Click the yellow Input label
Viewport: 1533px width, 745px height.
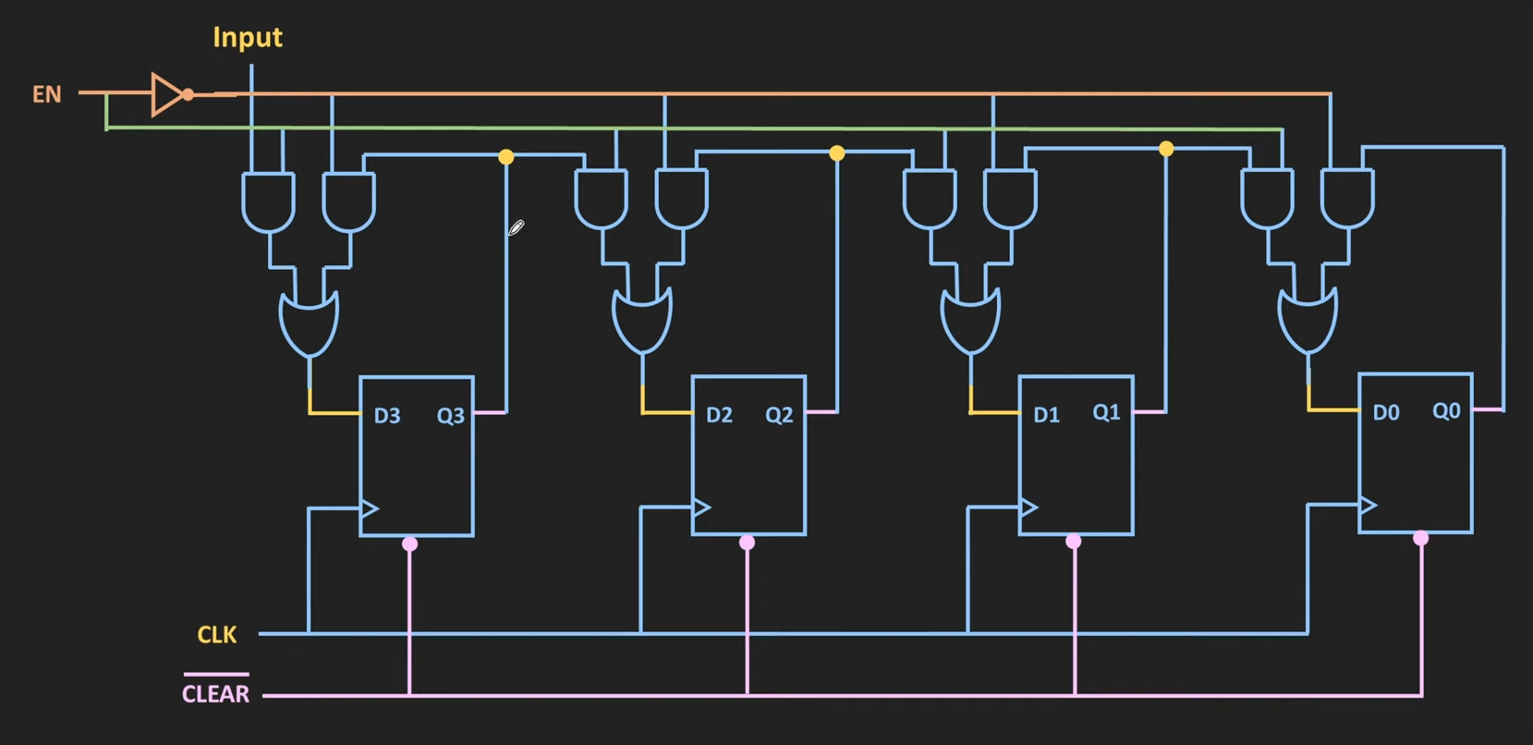[247, 38]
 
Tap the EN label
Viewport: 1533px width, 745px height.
[47, 94]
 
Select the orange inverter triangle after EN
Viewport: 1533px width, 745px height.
[167, 94]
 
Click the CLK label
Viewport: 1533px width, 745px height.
[217, 635]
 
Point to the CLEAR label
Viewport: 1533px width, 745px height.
[215, 694]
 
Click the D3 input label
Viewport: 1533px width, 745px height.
[387, 416]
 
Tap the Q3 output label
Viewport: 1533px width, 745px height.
[451, 416]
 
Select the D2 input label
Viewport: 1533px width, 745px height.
[719, 415]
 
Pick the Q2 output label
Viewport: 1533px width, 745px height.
[779, 415]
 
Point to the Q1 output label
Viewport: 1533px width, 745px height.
[1106, 412]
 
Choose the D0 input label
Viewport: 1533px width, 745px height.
[1385, 413]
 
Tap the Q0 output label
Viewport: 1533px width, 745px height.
[1446, 410]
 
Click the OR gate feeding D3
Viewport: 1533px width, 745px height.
[310, 324]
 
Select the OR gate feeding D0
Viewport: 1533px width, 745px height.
[1308, 321]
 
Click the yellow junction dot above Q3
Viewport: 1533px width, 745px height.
[506, 157]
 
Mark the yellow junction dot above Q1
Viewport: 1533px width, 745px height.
[1166, 149]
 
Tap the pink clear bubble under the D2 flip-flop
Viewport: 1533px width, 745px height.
[748, 543]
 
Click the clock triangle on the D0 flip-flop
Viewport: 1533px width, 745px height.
[1369, 505]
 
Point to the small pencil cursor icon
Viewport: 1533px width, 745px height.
[517, 227]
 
